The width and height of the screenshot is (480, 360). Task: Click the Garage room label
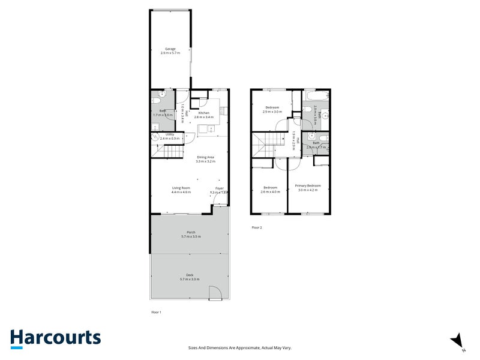[170, 51]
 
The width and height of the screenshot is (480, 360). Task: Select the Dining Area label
[205, 159]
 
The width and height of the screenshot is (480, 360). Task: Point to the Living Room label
[181, 190]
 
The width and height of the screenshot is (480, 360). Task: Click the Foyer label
[220, 190]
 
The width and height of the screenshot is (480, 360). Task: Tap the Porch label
[191, 235]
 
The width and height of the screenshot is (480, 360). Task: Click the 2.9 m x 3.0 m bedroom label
[272, 109]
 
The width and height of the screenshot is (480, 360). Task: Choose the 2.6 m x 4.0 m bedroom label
[271, 190]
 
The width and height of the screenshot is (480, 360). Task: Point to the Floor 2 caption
[257, 227]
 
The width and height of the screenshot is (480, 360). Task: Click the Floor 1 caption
[156, 312]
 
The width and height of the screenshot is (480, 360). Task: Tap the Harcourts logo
[55, 338]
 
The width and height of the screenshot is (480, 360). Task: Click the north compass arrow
[458, 340]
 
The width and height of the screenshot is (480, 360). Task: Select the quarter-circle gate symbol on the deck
[215, 293]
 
